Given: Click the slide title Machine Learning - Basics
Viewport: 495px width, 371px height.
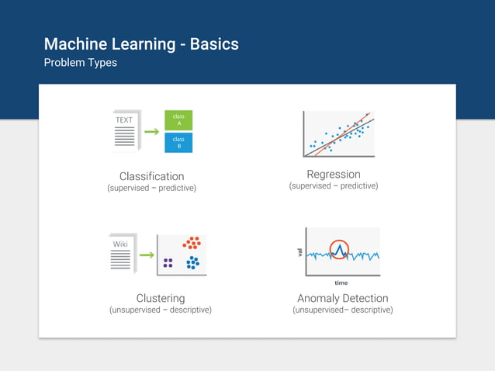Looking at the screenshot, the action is click(x=141, y=43).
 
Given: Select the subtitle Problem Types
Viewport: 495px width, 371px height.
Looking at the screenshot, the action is click(x=81, y=63).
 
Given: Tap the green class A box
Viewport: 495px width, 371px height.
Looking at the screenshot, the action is click(x=178, y=120).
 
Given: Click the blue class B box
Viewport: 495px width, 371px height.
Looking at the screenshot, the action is click(x=178, y=143).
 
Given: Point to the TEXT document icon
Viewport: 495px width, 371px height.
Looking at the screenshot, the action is click(x=126, y=130).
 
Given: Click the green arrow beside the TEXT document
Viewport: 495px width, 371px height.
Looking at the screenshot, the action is click(x=152, y=132).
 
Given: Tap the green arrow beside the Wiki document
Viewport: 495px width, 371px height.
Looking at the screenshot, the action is click(x=146, y=255).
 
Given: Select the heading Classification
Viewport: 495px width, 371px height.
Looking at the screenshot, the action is click(x=151, y=176).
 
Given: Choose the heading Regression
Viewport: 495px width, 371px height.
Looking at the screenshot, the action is click(x=334, y=174).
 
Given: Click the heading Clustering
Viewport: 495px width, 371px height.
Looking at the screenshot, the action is click(x=161, y=298).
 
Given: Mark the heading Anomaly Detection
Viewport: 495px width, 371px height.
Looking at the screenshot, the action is click(x=342, y=298).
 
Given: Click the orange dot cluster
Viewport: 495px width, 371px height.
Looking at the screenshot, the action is click(x=192, y=243).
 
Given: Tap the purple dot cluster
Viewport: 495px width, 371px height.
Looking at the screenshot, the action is click(x=168, y=263).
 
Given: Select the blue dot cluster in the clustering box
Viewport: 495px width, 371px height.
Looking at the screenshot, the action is click(x=192, y=263).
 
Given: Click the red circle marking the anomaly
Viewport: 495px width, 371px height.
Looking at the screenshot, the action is click(x=339, y=249).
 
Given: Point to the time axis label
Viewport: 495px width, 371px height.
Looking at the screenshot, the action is click(x=341, y=283).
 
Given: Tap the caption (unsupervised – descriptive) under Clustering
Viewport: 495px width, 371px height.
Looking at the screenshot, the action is click(x=161, y=310).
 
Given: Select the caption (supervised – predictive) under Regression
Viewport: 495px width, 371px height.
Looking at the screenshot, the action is click(x=334, y=186).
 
